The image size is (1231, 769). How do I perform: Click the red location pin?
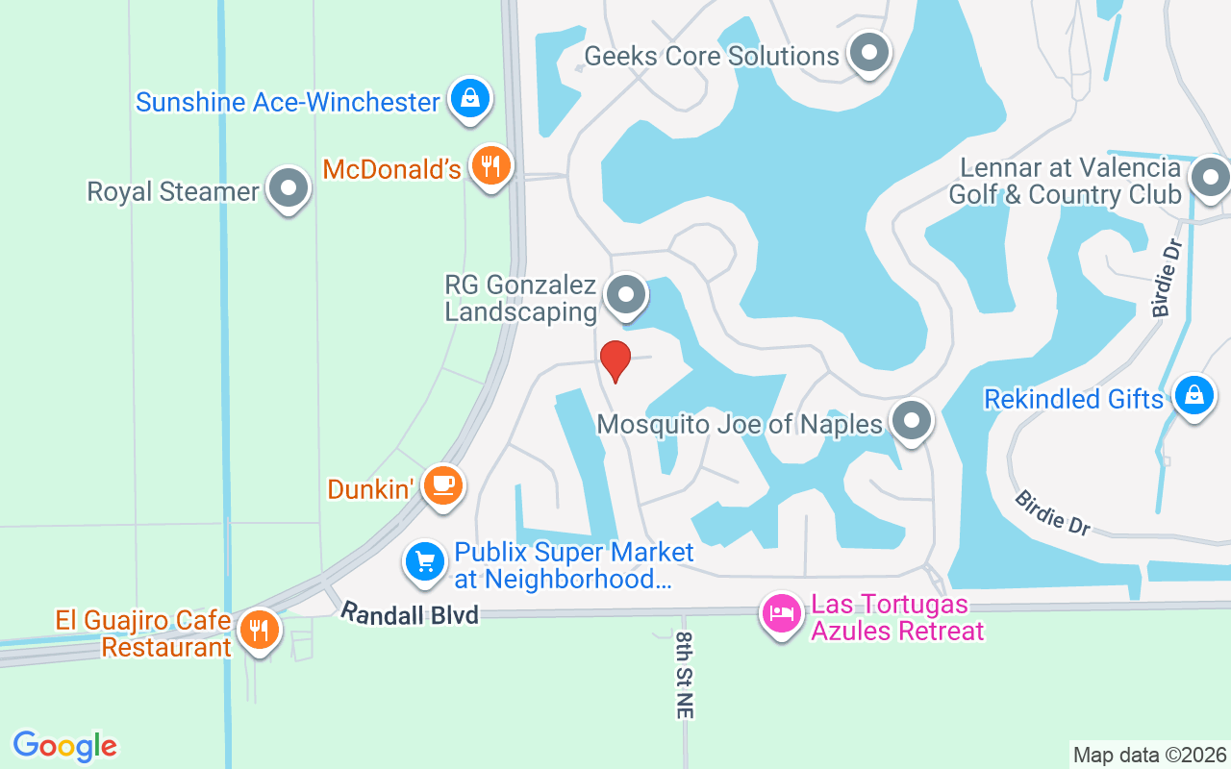tap(615, 360)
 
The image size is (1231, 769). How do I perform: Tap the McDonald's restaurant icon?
tap(491, 167)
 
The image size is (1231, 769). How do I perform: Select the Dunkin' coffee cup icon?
tap(442, 485)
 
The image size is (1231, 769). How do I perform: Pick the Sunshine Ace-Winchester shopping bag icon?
tap(469, 99)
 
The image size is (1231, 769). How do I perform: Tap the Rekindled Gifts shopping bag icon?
tap(1193, 395)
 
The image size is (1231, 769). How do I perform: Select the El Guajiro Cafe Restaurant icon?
tap(258, 631)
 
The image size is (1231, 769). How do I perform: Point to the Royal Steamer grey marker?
tap(288, 188)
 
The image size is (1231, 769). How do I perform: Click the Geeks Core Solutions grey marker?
tap(869, 54)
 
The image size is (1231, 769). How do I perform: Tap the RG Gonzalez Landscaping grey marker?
tap(627, 295)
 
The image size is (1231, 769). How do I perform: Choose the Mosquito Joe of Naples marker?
tap(910, 421)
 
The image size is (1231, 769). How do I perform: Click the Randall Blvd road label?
tap(410, 613)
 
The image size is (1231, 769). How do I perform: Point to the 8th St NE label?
tap(684, 675)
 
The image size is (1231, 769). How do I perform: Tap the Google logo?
tap(64, 745)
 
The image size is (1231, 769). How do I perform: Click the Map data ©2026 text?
tap(1149, 755)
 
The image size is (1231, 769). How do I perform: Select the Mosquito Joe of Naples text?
tap(740, 424)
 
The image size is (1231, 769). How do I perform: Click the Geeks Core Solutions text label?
tap(712, 56)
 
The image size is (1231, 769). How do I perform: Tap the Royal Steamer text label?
tap(173, 191)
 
